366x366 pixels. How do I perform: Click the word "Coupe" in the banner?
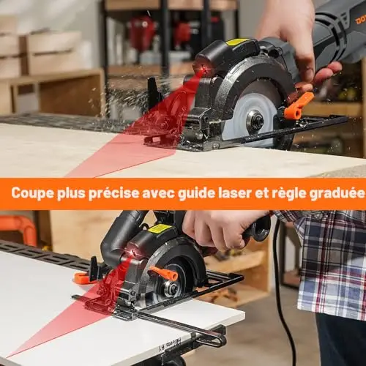pos(32,193)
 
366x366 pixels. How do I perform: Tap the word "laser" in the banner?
pos(235,193)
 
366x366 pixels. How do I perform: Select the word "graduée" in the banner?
pos(337,193)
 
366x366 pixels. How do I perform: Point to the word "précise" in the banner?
pos(113,193)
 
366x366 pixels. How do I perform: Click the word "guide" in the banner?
pos(196,193)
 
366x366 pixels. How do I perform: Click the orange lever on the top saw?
pos(299,105)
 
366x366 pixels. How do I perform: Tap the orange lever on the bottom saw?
pos(164,273)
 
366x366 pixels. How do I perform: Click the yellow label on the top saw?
pos(237,42)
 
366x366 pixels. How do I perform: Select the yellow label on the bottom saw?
pos(157,228)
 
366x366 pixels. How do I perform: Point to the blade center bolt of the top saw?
pos(256,120)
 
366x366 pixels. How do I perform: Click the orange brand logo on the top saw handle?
pos(360,19)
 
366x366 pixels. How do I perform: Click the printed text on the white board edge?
pos(169,345)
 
